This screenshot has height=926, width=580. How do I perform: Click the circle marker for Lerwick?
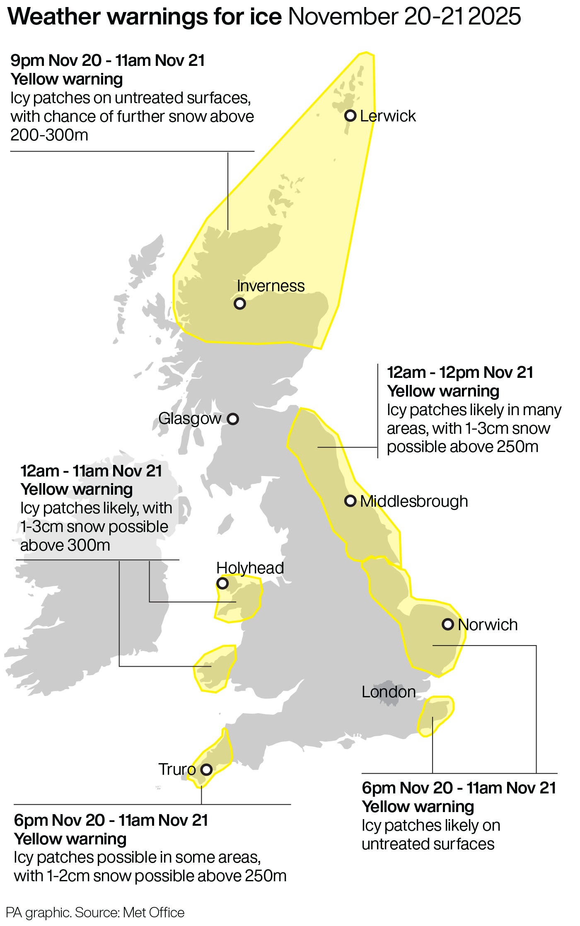tap(350, 116)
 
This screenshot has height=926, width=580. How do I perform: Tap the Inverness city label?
tap(271, 286)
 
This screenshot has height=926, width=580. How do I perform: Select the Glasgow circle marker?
tap(233, 419)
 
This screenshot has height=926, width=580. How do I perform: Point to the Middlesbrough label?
tap(414, 501)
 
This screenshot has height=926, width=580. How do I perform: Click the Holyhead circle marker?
tap(222, 584)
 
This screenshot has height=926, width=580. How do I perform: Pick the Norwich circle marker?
tap(448, 624)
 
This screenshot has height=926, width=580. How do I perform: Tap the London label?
tap(388, 691)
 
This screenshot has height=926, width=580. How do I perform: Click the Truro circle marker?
tap(206, 770)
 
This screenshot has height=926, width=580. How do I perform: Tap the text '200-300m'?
tap(49, 135)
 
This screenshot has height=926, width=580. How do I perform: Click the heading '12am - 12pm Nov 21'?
tap(460, 372)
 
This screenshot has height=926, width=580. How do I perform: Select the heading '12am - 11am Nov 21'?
tap(91, 471)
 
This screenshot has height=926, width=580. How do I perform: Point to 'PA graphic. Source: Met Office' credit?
tap(95, 913)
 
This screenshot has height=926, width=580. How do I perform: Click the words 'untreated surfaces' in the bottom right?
tap(428, 844)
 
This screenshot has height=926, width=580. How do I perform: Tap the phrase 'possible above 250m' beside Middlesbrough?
tap(462, 447)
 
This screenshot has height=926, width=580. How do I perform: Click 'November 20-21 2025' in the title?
tap(404, 17)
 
